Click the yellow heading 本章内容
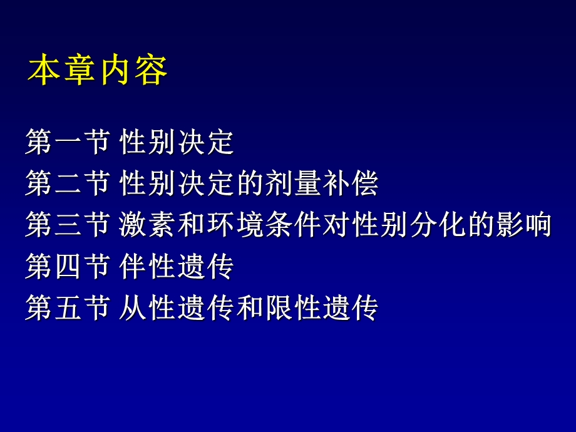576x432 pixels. coord(98,71)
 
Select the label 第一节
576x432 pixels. coord(68,143)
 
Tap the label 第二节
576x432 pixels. coord(68,184)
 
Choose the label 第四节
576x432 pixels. coord(68,267)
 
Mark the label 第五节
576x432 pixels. coord(68,308)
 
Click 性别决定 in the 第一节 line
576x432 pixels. coord(177,143)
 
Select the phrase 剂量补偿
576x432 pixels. coord(321,184)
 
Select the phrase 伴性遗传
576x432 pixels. coord(177,267)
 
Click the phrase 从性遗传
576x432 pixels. coord(177,308)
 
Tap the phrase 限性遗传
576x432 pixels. coord(321,308)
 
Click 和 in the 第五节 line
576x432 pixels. coord(249,308)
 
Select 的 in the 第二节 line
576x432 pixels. coord(249,184)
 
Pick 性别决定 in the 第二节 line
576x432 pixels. coord(177,184)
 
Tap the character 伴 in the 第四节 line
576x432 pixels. coord(133,267)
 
